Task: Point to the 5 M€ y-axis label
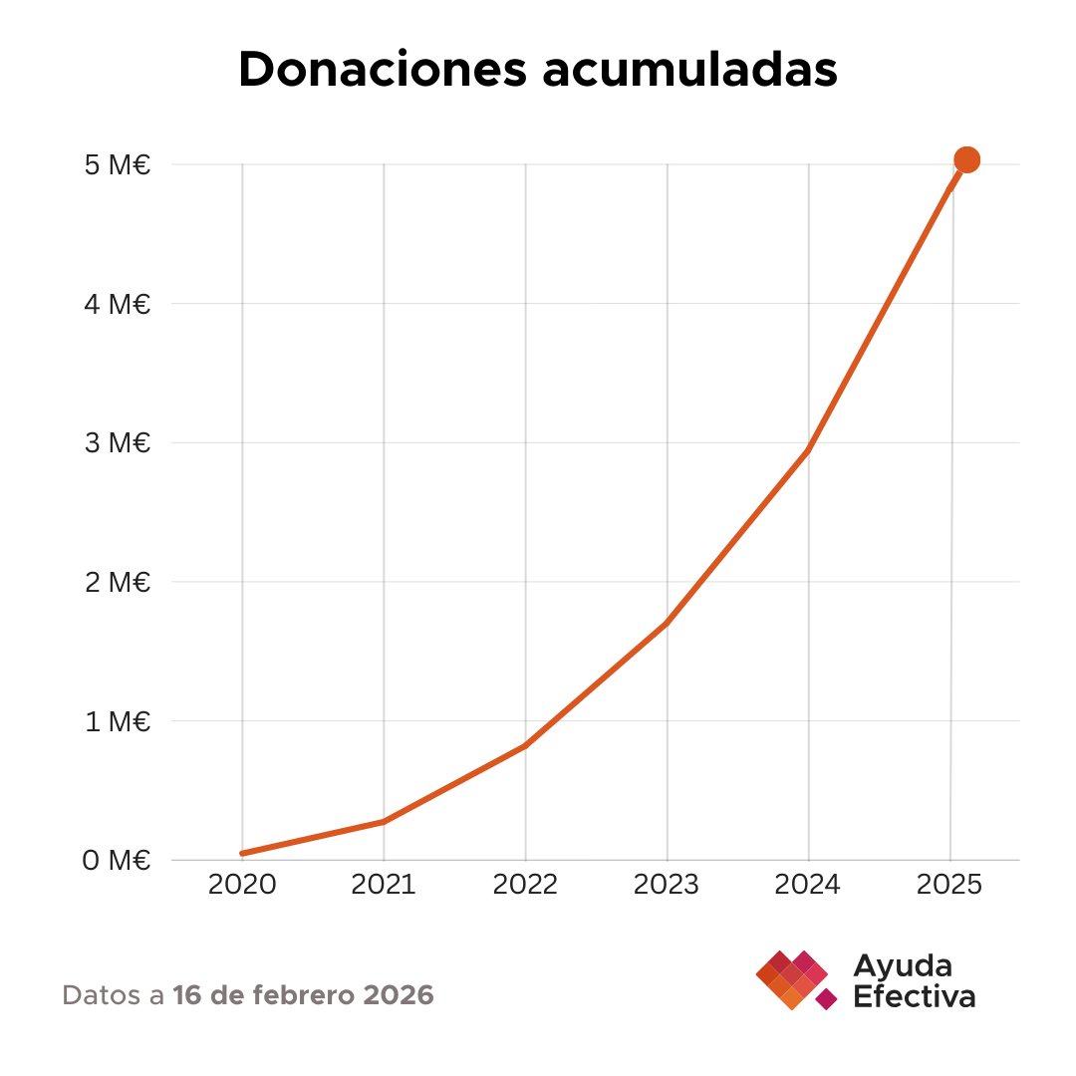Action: coord(118,165)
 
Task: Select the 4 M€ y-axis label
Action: coord(118,304)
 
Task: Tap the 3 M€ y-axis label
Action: coord(118,443)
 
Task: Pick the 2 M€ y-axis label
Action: coord(118,582)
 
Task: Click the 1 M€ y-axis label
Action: coord(118,721)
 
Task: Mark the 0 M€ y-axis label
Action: coord(118,860)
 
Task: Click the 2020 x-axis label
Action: coord(242,885)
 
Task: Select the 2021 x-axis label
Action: coord(384,885)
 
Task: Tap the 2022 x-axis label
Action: coord(525,885)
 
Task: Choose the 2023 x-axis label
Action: coord(667,885)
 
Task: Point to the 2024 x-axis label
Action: coord(808,885)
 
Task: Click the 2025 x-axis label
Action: coord(949,885)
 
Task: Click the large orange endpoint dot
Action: coord(966,159)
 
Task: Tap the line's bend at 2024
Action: coord(808,450)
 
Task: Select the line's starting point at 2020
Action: coord(243,853)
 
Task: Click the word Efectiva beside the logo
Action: coord(914,996)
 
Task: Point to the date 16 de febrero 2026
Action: coord(303,994)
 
